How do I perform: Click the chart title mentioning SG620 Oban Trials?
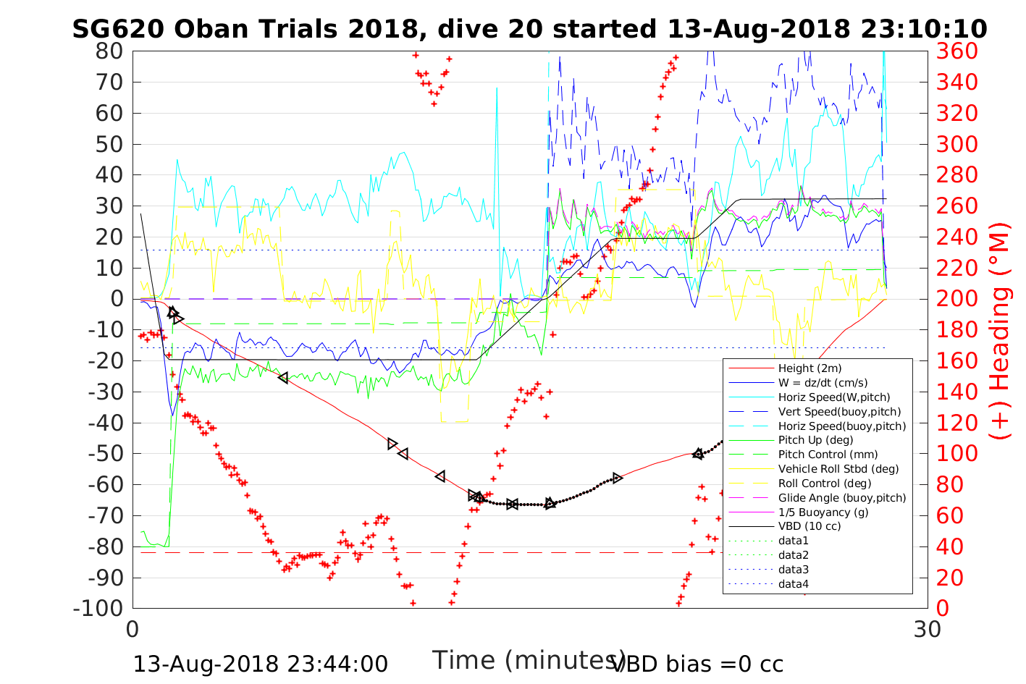pyautogui.click(x=529, y=29)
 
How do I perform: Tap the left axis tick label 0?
pyautogui.click(x=117, y=299)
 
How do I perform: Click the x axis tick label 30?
pyautogui.click(x=928, y=629)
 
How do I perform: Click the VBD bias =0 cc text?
pyautogui.click(x=697, y=664)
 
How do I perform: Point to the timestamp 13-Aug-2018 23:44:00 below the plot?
pyautogui.click(x=260, y=664)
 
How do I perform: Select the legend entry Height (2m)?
pyautogui.click(x=810, y=368)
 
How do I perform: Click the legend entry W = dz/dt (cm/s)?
pyautogui.click(x=823, y=383)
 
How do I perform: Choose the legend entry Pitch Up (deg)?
pyautogui.click(x=815, y=440)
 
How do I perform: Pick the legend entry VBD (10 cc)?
pyautogui.click(x=810, y=526)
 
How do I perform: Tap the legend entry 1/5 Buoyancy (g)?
pyautogui.click(x=823, y=512)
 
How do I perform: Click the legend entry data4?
pyautogui.click(x=794, y=583)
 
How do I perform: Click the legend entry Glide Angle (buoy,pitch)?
pyautogui.click(x=841, y=497)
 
